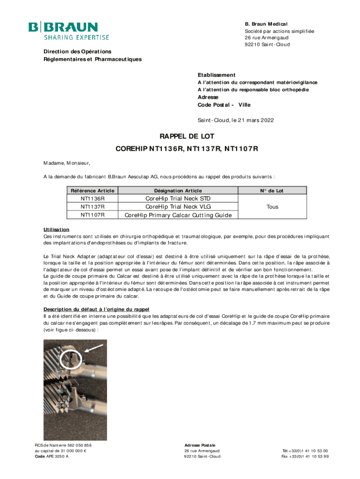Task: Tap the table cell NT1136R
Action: [93, 199]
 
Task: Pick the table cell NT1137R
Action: [93, 207]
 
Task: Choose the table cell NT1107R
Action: [93, 215]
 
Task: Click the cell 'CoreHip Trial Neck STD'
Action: [178, 199]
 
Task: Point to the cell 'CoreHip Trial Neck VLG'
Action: [178, 207]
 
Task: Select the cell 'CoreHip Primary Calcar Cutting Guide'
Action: [178, 215]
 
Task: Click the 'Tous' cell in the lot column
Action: [272, 207]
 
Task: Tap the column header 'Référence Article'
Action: [93, 190]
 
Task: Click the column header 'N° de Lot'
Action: [272, 190]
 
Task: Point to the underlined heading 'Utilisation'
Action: [57, 229]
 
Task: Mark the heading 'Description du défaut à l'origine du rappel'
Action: [103, 309]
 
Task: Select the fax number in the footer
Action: [305, 457]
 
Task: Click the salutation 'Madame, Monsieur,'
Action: [64, 163]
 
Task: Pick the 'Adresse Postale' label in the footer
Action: [200, 445]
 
